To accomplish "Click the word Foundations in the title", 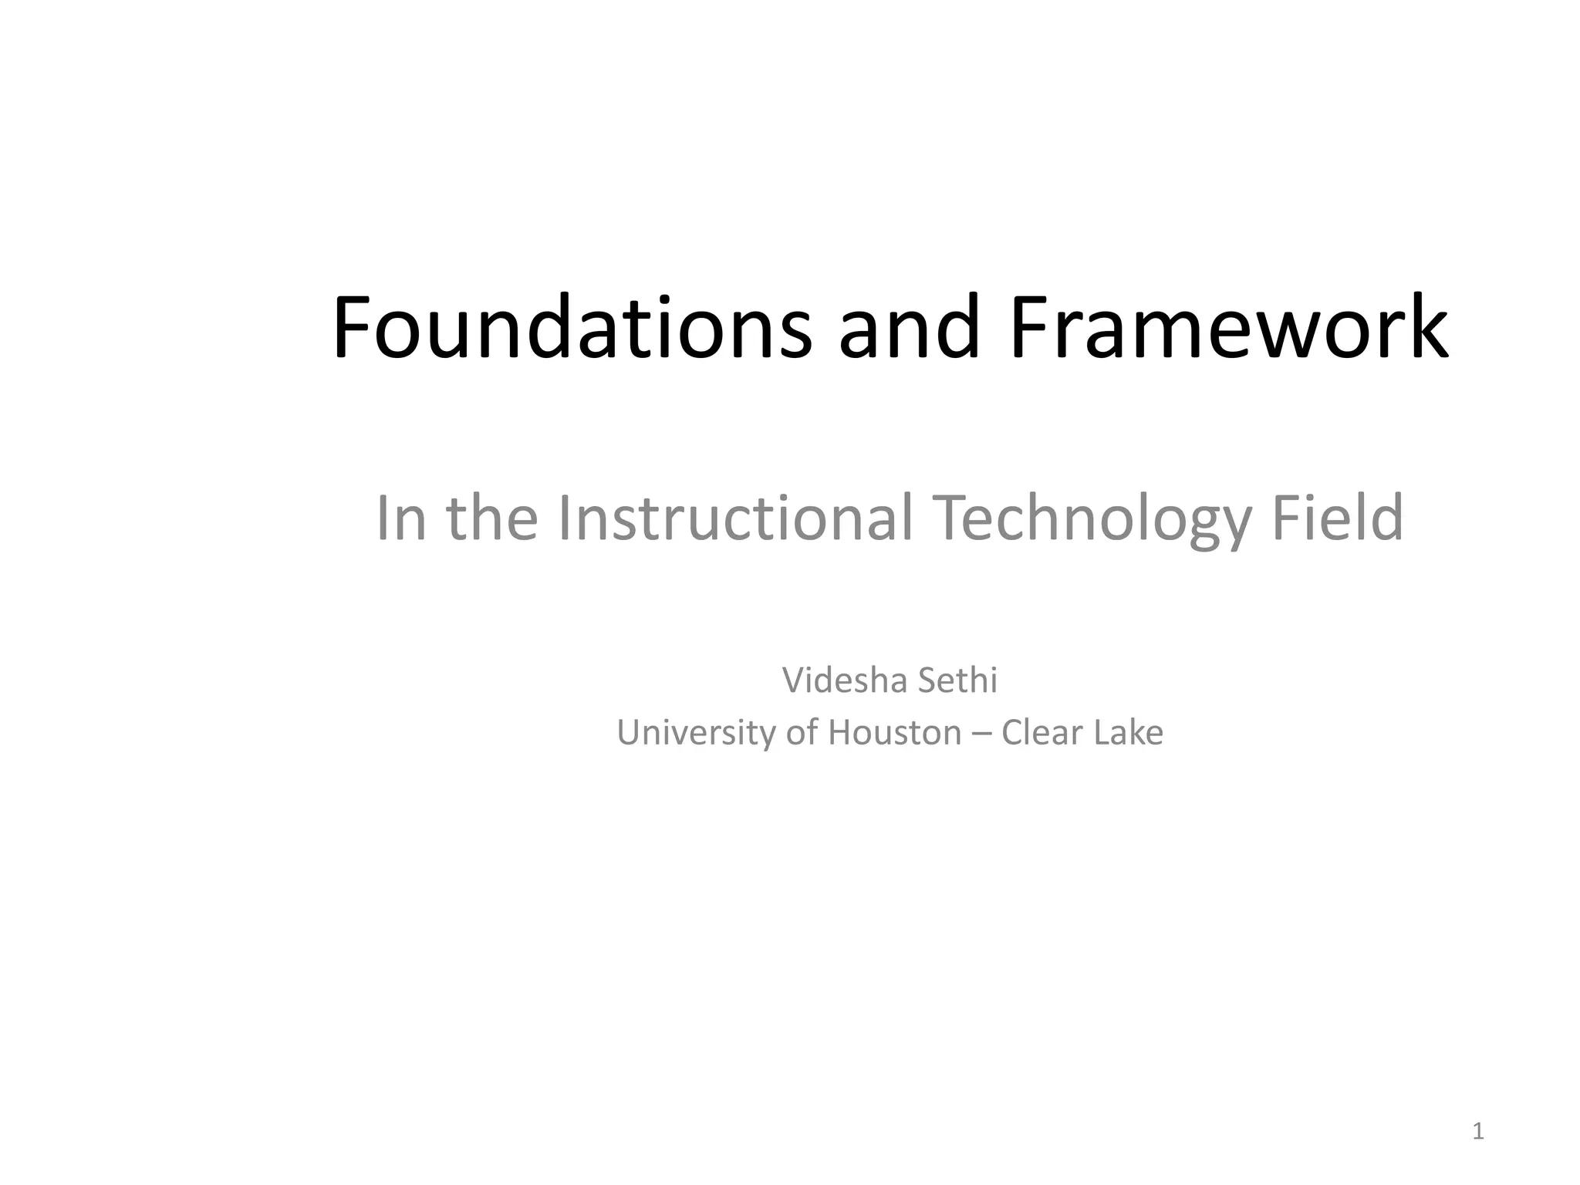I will point(572,327).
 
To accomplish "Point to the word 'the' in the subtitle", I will point(492,518).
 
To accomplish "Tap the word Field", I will point(1337,518).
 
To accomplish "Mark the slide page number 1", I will point(1478,1132).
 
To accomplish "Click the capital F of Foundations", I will point(353,327).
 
